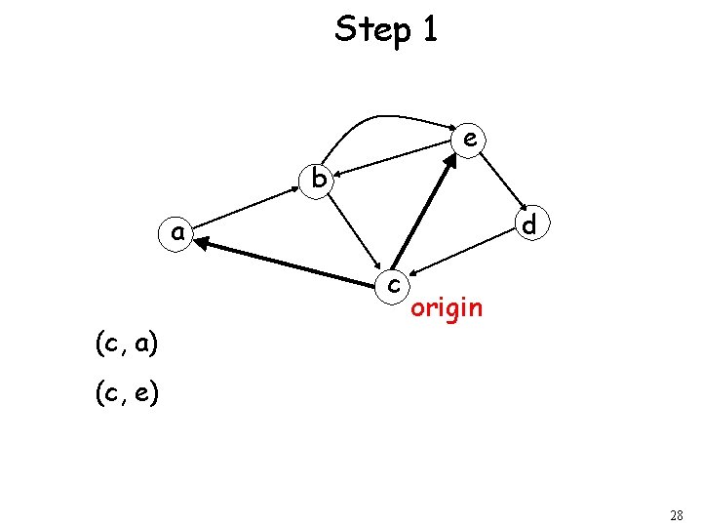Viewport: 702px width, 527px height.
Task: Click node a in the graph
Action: click(176, 234)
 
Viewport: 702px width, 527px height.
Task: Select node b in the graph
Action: click(318, 180)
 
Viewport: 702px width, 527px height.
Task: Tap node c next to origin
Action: click(392, 284)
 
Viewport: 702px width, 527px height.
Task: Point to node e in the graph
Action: click(470, 141)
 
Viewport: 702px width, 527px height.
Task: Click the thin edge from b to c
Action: click(355, 233)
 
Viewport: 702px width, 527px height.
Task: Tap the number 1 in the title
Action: click(429, 30)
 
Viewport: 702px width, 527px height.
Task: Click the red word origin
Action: click(447, 308)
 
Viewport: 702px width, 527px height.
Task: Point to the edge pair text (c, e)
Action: click(127, 394)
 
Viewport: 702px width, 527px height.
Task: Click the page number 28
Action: click(677, 514)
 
